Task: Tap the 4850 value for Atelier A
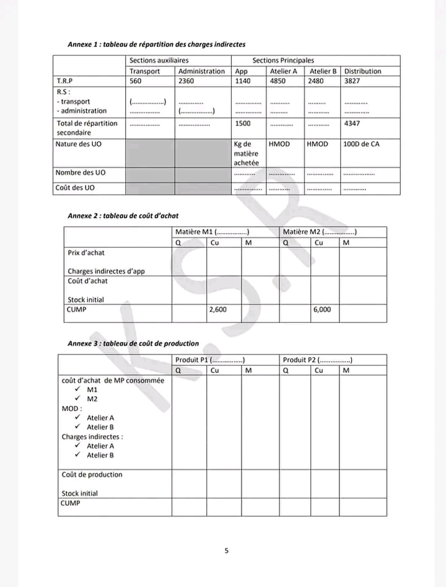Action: pyautogui.click(x=278, y=81)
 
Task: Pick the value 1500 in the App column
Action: pyautogui.click(x=243, y=123)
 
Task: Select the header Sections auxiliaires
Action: pyautogui.click(x=159, y=61)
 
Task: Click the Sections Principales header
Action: pyautogui.click(x=283, y=61)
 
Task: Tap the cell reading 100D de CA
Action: pyautogui.click(x=361, y=144)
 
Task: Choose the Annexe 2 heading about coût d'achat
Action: pyautogui.click(x=123, y=215)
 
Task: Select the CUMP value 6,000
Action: pyautogui.click(x=322, y=309)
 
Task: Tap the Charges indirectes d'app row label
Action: pyautogui.click(x=106, y=271)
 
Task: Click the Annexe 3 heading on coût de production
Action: pyautogui.click(x=133, y=343)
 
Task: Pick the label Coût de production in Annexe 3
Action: pyautogui.click(x=92, y=475)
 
